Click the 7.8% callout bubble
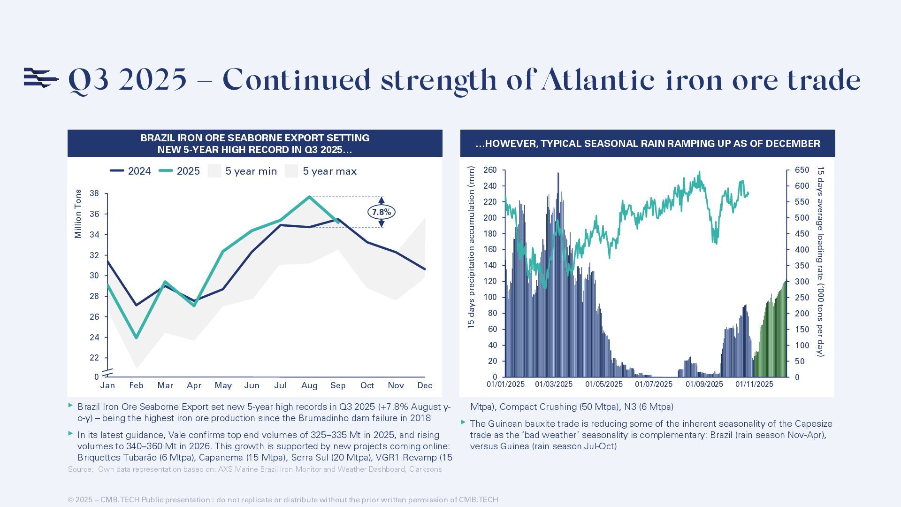click(x=381, y=212)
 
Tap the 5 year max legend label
click(x=329, y=171)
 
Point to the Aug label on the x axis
click(x=309, y=385)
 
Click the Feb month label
click(x=136, y=385)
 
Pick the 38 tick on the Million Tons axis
click(x=94, y=193)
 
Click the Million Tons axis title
click(x=78, y=214)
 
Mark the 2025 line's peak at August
click(x=309, y=197)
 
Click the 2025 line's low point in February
click(x=137, y=338)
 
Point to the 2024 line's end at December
click(x=425, y=269)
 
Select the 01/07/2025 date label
click(x=654, y=384)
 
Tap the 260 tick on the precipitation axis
click(x=490, y=170)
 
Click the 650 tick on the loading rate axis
click(x=802, y=170)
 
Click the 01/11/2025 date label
click(x=754, y=384)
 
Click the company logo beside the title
click(x=41, y=78)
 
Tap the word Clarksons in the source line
click(x=425, y=469)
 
